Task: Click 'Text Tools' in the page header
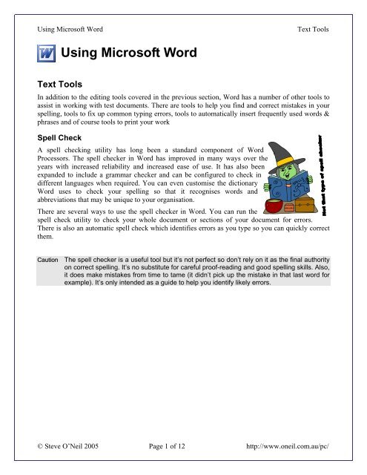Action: click(313, 30)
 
